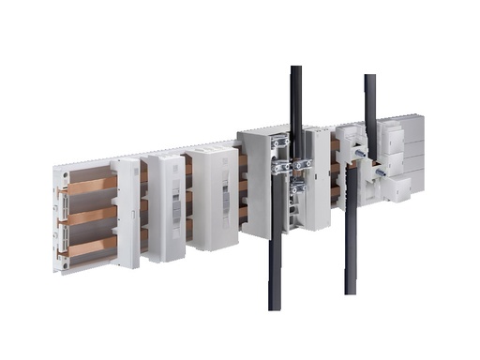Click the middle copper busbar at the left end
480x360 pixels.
coord(90,215)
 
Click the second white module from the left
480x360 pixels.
coord(163,205)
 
